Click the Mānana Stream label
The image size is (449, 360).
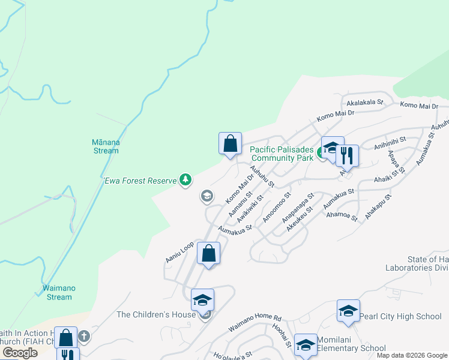click(x=105, y=146)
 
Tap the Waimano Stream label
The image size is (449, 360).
click(x=59, y=292)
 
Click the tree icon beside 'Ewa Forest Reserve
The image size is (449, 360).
click(x=186, y=179)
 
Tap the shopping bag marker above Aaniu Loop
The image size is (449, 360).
click(x=208, y=254)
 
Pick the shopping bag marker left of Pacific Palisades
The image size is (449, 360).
click(x=230, y=143)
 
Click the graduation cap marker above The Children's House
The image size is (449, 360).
click(x=203, y=299)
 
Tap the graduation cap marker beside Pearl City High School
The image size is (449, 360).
click(x=348, y=310)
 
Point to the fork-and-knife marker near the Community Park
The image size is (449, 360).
click(x=347, y=155)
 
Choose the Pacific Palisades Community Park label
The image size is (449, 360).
click(x=282, y=154)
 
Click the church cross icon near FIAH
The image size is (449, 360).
click(x=84, y=336)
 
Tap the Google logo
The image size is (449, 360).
click(x=20, y=353)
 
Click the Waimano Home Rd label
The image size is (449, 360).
click(x=255, y=324)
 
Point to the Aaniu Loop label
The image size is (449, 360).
click(x=179, y=252)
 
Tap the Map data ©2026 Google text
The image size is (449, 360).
click(x=411, y=355)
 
